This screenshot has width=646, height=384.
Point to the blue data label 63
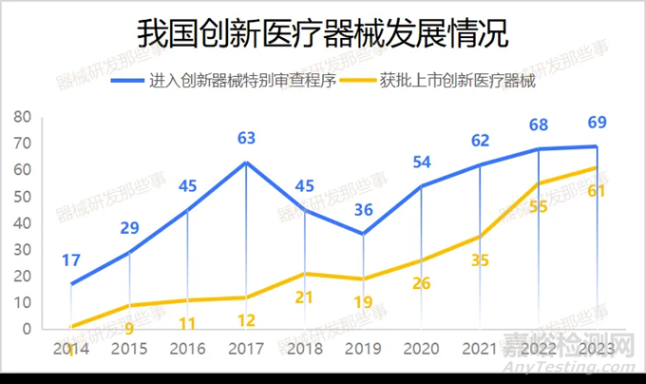click(x=247, y=139)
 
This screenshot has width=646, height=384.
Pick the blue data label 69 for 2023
click(x=597, y=122)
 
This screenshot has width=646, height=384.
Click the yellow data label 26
click(x=422, y=283)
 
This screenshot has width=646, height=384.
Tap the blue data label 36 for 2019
click(x=363, y=211)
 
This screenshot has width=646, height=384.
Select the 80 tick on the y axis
click(x=23, y=117)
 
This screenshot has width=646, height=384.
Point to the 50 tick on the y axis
click(x=23, y=197)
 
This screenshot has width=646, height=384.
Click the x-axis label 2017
click(x=247, y=349)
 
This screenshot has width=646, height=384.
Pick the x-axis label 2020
click(x=422, y=349)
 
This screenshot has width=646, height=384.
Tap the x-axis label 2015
click(x=130, y=349)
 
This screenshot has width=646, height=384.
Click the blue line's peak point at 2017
click(x=247, y=163)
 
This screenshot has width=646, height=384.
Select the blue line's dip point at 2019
click(x=364, y=234)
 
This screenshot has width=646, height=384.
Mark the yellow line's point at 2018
click(x=305, y=274)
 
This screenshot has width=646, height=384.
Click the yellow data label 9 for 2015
click(x=130, y=329)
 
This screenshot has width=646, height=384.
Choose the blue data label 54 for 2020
click(x=422, y=163)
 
